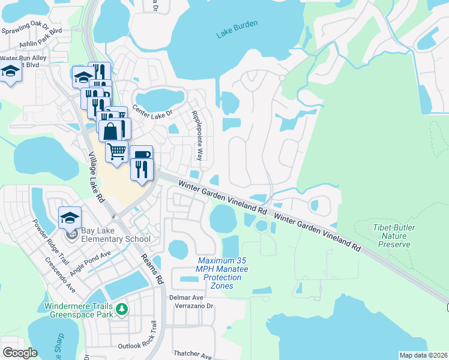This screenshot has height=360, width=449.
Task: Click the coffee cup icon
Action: [x=141, y=155]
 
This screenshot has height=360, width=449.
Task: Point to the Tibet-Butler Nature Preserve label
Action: [x=394, y=236]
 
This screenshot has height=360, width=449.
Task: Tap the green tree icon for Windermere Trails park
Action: [x=122, y=309]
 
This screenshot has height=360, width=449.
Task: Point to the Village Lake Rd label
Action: [x=97, y=177]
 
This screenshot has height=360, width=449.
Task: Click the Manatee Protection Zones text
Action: [x=223, y=272]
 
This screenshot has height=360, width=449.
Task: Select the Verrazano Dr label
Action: [x=193, y=305]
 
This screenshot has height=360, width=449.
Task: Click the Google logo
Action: [x=20, y=353]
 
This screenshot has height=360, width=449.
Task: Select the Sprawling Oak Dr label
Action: [x=32, y=29]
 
